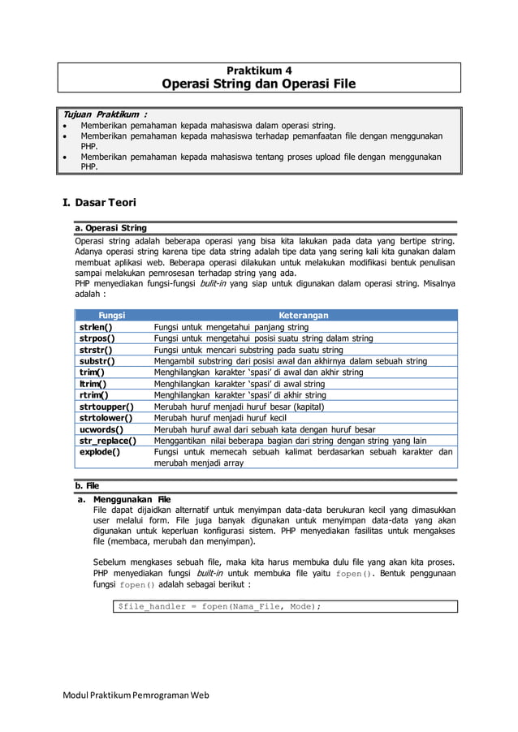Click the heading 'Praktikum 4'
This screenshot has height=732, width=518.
coord(258,70)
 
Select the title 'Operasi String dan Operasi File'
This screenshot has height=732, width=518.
coord(258,84)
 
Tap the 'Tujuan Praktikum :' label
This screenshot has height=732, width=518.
coord(101,114)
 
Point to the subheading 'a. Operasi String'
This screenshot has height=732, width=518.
coord(110,228)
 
